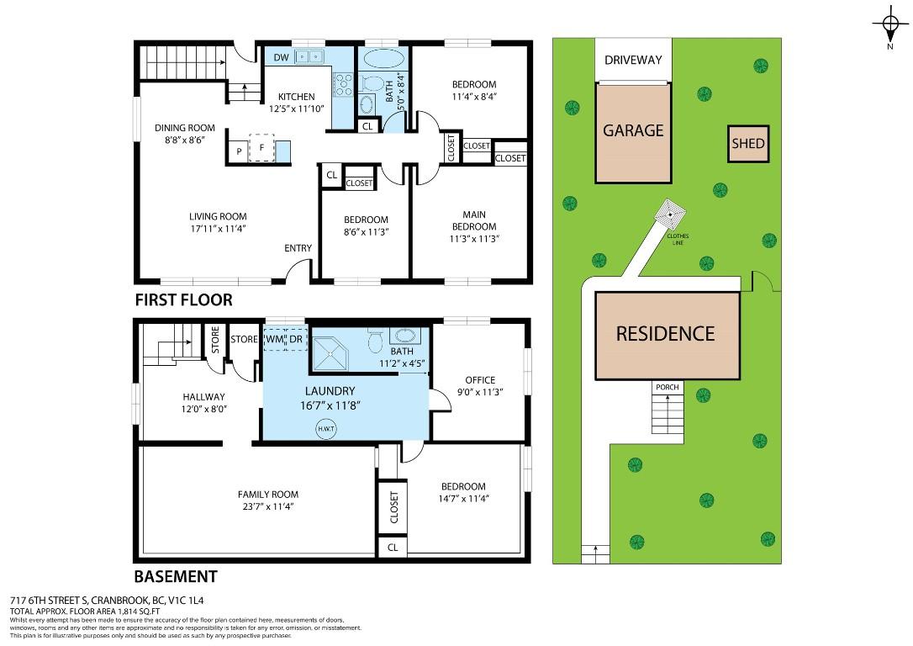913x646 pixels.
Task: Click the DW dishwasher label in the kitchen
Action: [x=282, y=57]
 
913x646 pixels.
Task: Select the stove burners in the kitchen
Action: [x=342, y=84]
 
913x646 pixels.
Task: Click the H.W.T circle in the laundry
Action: [x=326, y=429]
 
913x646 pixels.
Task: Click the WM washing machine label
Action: [x=274, y=339]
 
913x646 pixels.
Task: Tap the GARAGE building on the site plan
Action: [x=633, y=133]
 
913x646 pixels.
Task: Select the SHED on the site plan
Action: [x=748, y=143]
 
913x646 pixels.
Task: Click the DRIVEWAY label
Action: [x=633, y=60]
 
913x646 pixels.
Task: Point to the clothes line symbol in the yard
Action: [x=670, y=214]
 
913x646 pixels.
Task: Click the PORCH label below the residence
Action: [x=668, y=387]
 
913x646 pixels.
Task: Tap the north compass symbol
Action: [x=889, y=24]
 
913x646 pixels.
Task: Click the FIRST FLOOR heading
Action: [x=183, y=300]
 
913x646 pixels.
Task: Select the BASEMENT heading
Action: [x=176, y=577]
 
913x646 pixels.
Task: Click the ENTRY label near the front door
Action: [x=298, y=248]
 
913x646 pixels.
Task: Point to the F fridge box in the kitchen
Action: [x=261, y=148]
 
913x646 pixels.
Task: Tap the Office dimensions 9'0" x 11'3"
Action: [x=480, y=392]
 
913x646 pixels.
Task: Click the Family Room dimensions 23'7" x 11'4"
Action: [x=268, y=506]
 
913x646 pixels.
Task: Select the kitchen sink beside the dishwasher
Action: [x=309, y=56]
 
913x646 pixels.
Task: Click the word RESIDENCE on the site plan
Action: [x=666, y=334]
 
